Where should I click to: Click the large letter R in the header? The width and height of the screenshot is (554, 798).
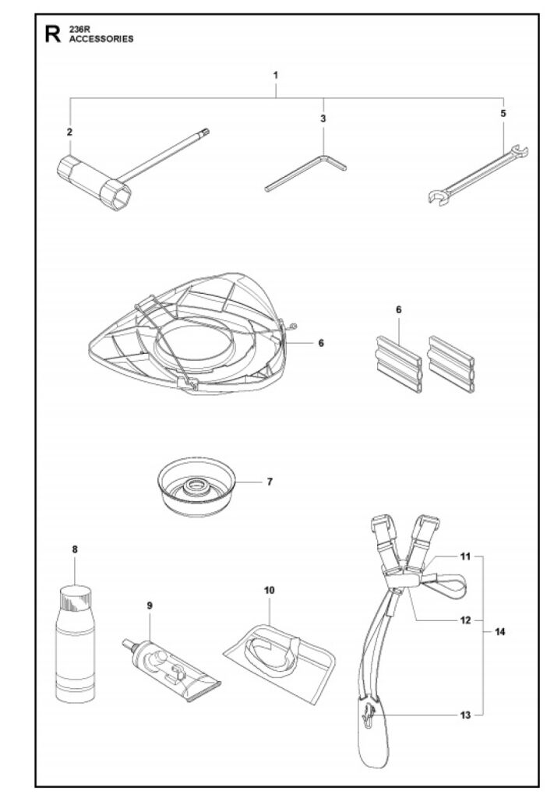52,34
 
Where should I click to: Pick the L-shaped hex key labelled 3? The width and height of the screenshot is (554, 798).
307,172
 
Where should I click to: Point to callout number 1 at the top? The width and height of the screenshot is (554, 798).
275,76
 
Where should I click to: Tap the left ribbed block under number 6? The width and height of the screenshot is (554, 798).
397,364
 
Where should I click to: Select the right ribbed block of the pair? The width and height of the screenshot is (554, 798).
450,364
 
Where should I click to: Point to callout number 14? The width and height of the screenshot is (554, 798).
500,632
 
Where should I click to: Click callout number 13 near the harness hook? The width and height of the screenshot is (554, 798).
465,714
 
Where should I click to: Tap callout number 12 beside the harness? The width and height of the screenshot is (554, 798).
465,620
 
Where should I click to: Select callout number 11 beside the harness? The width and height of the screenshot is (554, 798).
465,557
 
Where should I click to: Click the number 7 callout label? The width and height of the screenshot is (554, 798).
270,481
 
